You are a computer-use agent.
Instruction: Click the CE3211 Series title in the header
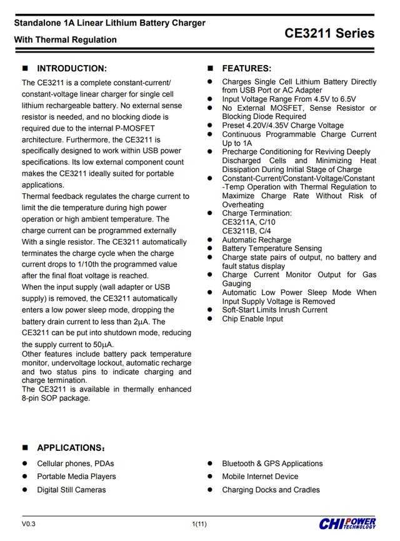329,33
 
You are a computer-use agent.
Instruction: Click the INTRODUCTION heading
72,68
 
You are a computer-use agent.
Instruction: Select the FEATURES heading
246,68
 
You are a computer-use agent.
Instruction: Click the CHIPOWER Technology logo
347,523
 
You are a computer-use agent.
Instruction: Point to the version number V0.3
29,523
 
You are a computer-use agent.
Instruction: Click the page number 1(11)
199,523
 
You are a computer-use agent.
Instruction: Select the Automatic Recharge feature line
256,240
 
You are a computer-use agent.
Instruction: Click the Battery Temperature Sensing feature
272,248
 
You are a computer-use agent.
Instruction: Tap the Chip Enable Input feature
252,318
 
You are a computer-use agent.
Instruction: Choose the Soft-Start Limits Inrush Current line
274,310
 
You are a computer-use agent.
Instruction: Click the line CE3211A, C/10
248,221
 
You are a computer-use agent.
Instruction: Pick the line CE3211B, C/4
246,230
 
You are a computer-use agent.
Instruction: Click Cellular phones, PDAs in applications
76,463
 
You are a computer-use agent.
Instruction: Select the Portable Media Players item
76,477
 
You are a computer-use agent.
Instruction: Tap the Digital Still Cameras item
71,490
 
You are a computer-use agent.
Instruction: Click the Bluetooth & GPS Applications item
272,463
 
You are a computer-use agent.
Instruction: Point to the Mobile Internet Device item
260,477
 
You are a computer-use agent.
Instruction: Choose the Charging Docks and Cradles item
271,490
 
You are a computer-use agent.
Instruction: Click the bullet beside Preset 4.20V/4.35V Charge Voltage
210,126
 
